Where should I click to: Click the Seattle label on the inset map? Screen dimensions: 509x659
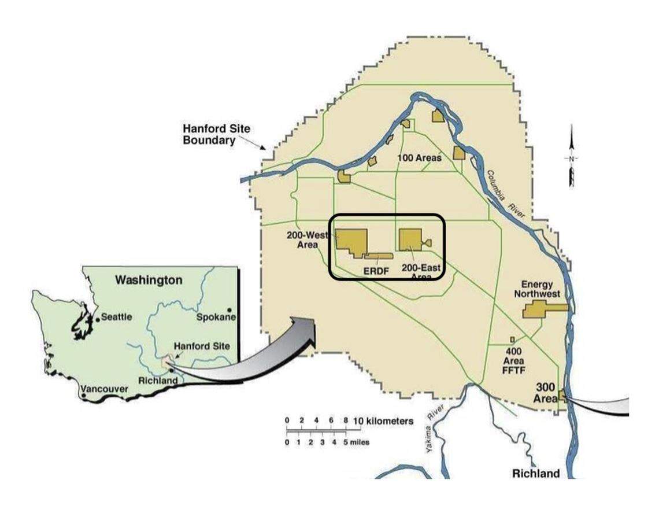pyautogui.click(x=117, y=317)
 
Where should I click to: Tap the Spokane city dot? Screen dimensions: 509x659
pyautogui.click(x=230, y=310)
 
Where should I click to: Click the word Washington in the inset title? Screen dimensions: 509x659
pyautogui.click(x=149, y=280)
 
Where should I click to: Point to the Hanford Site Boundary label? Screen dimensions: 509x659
pyautogui.click(x=209, y=134)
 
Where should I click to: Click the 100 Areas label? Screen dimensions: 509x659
pyautogui.click(x=419, y=157)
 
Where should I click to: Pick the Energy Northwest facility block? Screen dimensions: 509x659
pyautogui.click(x=543, y=309)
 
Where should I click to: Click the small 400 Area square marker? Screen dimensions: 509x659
pyautogui.click(x=512, y=340)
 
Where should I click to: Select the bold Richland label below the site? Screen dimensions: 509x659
pyautogui.click(x=536, y=474)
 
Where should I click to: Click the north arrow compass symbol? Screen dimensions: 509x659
pyautogui.click(x=571, y=157)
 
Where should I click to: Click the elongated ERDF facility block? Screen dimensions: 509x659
pyautogui.click(x=378, y=256)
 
